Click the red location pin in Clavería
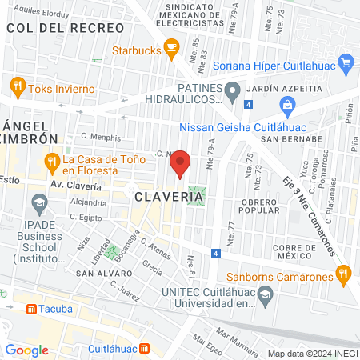pyautogui.click(x=182, y=162)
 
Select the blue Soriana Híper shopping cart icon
pyautogui.click(x=346, y=62)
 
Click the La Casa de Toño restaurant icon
pyautogui.click(x=52, y=161)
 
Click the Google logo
pyautogui.click(x=26, y=350)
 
